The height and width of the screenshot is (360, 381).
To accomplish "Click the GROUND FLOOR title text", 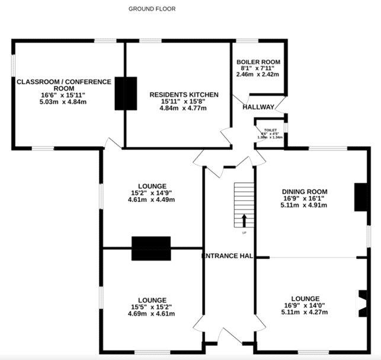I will pos(152,9).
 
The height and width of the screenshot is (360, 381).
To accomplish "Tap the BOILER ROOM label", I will pos(258,62).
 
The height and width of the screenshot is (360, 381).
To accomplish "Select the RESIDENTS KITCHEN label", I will pos(184,95).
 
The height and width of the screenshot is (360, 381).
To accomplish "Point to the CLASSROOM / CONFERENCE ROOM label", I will pos(64,85).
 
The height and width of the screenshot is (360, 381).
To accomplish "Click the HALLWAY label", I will pos(258,107).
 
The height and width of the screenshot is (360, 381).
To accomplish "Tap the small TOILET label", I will pos(270,129).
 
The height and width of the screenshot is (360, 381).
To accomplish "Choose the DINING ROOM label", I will pos(305,191).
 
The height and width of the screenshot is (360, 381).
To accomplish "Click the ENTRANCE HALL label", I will pos(228,256).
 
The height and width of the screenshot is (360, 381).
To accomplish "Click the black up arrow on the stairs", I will pos(244,220).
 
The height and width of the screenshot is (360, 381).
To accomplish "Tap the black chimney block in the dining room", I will pos(360,197).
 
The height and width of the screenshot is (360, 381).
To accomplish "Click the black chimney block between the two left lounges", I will pos(151,249).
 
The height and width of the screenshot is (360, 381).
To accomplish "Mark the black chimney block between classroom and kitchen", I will pos(125,93).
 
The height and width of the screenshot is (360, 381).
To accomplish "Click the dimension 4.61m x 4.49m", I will pos(151,200).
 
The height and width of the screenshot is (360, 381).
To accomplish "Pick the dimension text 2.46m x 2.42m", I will pos(258,75).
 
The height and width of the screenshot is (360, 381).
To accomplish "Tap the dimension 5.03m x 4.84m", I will pos(64,102).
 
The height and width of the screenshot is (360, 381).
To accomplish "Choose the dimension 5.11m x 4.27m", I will pos(305,312).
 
